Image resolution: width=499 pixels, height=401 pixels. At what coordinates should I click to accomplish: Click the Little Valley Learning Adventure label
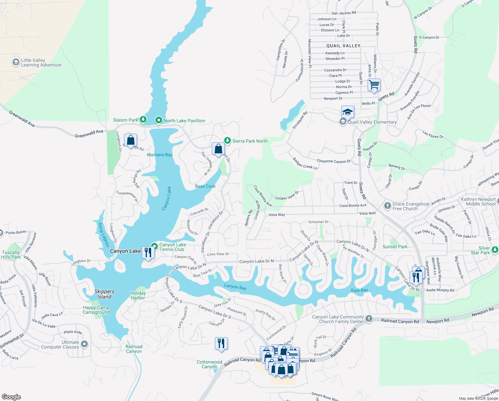[x=41, y=62]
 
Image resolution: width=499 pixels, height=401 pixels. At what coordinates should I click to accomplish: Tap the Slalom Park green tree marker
[x=143, y=119]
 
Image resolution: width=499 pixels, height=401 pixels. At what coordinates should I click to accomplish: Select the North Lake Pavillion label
[x=184, y=121]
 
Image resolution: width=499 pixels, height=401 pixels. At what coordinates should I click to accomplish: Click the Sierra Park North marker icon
[x=227, y=141]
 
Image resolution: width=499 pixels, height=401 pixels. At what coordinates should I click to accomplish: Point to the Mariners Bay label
[x=160, y=155]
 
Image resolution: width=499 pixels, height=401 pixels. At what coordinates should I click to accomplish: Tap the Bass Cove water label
[x=205, y=186]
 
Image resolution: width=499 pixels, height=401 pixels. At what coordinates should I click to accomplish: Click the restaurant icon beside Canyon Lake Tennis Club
[x=148, y=252]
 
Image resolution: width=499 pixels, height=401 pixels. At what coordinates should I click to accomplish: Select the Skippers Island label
[x=104, y=294]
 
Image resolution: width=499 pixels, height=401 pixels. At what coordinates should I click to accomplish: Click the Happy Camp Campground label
[x=96, y=310]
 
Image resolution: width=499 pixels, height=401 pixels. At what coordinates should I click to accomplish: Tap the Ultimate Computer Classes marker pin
[x=84, y=344]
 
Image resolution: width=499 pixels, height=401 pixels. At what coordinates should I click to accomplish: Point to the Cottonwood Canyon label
[x=209, y=364]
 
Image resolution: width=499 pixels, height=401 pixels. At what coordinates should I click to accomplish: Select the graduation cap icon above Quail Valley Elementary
[x=348, y=112]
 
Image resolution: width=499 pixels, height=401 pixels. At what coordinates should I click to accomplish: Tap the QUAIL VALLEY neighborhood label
[x=343, y=46]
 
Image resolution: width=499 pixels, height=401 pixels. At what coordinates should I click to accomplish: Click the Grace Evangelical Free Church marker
[x=387, y=206]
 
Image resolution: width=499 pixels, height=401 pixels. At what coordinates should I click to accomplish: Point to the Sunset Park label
[x=395, y=247]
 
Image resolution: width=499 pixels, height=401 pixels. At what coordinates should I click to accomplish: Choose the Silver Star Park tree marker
[x=495, y=250]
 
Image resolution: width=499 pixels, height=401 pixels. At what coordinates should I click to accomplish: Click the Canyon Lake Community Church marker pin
[x=369, y=318]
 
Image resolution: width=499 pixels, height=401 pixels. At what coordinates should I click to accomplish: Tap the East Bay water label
[x=359, y=290]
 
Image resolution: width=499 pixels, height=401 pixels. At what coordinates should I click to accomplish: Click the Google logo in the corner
[x=11, y=397]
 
